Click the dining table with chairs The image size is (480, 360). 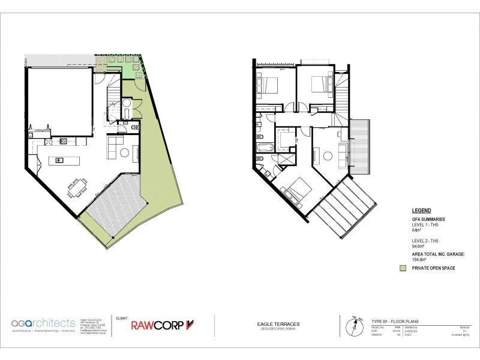[x=76, y=188]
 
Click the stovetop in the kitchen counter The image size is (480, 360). [x=62, y=142]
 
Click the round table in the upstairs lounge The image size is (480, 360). [x=328, y=156]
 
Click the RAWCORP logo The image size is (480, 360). [x=163, y=325]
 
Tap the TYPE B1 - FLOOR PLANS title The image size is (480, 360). [x=396, y=322]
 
